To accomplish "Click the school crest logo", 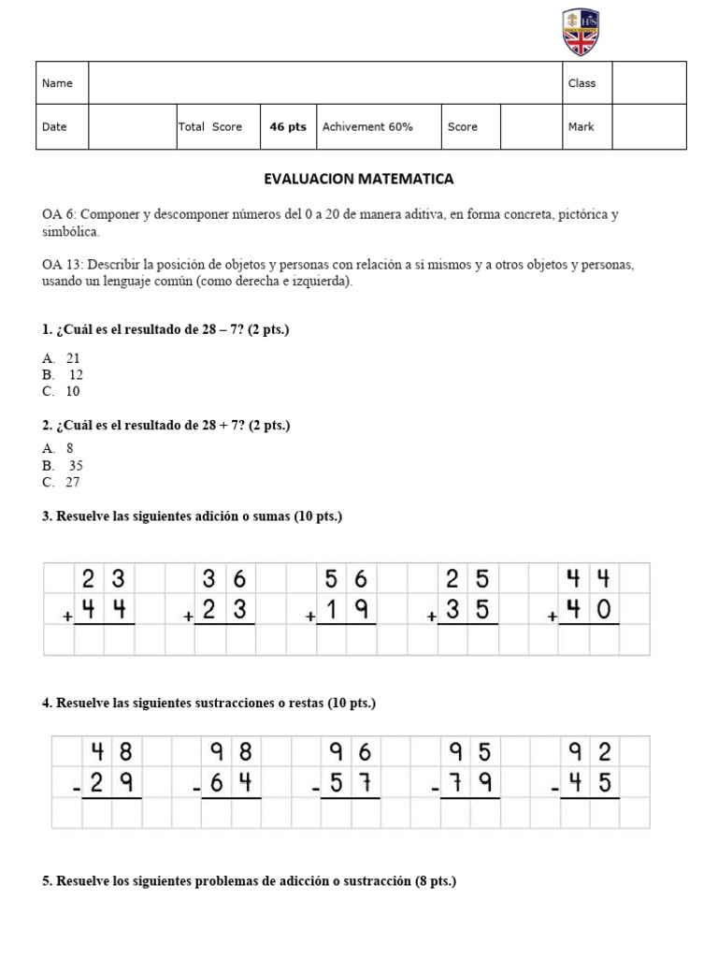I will (x=581, y=32).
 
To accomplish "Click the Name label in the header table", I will (x=57, y=83).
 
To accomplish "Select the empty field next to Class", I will (x=649, y=83).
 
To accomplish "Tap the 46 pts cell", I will (x=288, y=127).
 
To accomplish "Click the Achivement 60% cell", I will (x=367, y=127).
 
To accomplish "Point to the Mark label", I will (x=581, y=127).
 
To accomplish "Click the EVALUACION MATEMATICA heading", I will (x=359, y=178).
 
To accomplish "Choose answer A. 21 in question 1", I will (x=61, y=358).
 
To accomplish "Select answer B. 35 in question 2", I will (x=63, y=465).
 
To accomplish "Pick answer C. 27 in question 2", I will (x=61, y=482).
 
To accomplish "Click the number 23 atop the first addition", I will (x=104, y=578).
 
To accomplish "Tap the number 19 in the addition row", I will (x=347, y=610).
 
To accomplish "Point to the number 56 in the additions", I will (x=347, y=578).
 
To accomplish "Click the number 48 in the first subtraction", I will (x=111, y=751).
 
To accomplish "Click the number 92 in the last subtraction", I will (x=589, y=751).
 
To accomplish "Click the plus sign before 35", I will (x=432, y=617).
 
